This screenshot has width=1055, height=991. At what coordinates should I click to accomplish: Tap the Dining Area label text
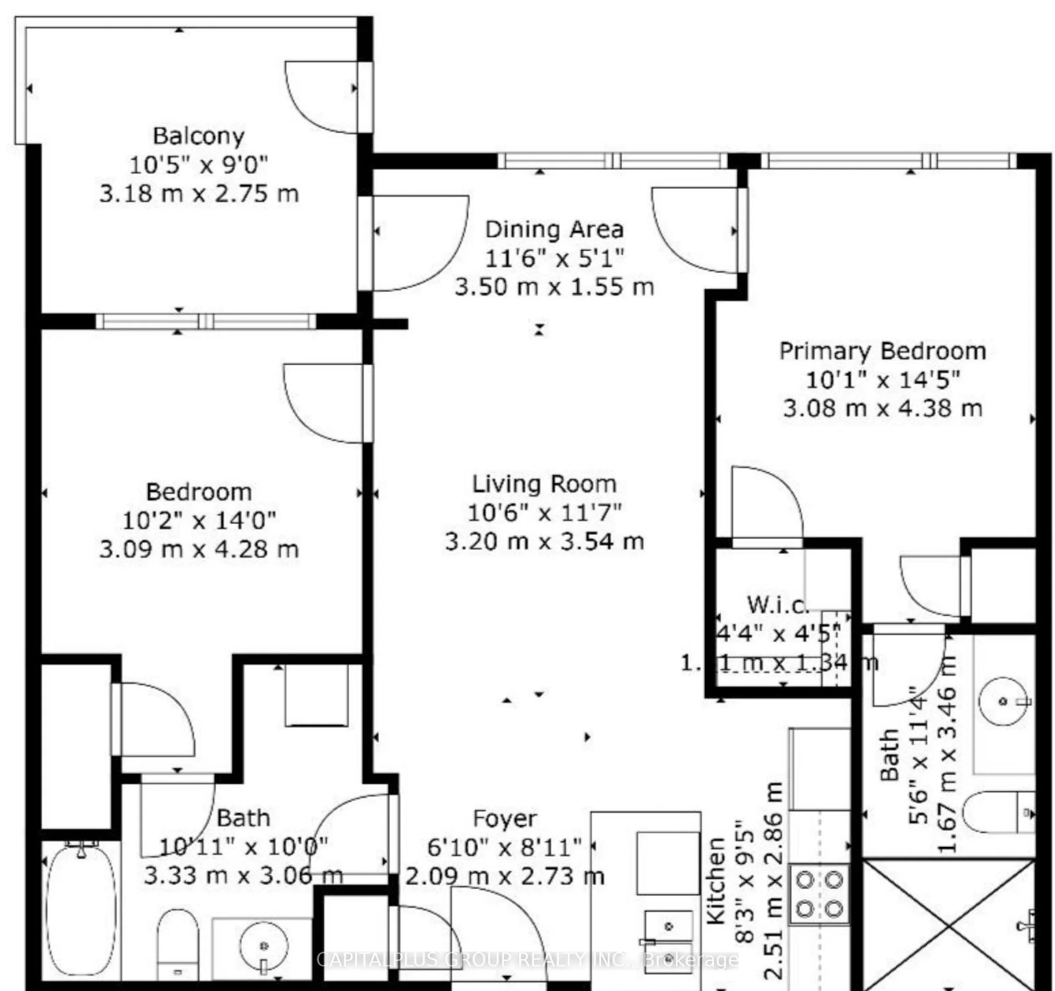(x=554, y=229)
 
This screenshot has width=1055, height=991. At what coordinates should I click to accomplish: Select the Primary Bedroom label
(x=883, y=351)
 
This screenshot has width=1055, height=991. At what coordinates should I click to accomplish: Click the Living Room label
(x=545, y=484)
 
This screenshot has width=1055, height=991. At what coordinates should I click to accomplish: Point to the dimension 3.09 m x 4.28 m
(x=199, y=549)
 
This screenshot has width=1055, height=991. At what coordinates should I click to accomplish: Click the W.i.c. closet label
(x=778, y=605)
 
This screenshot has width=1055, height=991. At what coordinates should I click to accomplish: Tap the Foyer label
(x=505, y=819)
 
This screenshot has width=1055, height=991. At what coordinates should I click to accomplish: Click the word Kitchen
(x=716, y=881)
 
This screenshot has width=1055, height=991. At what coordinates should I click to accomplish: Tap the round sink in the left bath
(x=264, y=946)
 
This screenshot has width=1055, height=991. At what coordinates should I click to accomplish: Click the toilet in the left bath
(x=178, y=942)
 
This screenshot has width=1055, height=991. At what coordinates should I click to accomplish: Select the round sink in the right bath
(x=1003, y=701)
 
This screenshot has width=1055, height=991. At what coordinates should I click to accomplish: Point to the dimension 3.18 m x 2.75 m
(x=199, y=194)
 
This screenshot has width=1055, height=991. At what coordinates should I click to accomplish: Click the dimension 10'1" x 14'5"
(x=883, y=380)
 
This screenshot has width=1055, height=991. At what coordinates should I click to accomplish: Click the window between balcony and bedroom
(x=205, y=321)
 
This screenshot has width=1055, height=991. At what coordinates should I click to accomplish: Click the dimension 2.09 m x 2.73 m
(x=505, y=876)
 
